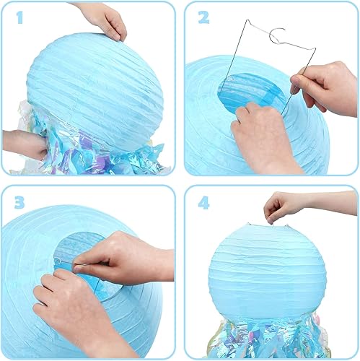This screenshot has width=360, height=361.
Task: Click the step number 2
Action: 203,18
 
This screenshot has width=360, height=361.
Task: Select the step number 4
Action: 203,203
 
